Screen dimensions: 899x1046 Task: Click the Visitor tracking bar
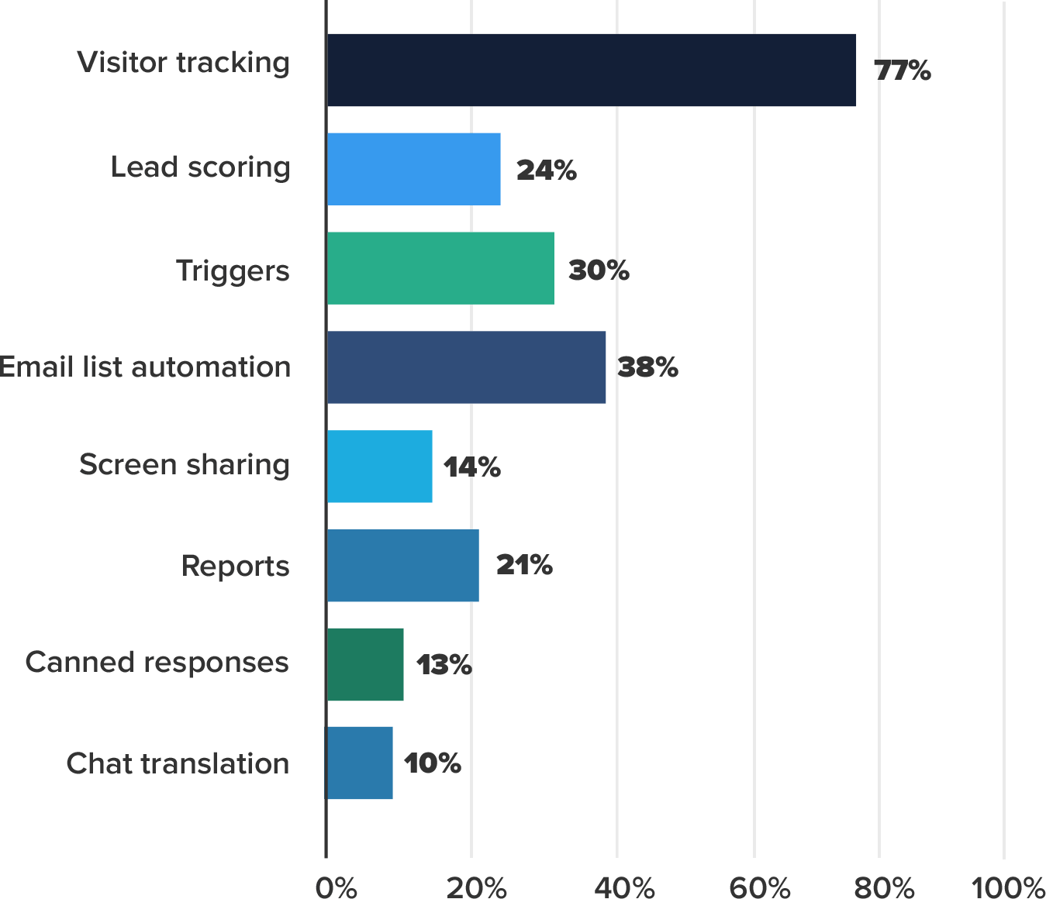tap(591, 70)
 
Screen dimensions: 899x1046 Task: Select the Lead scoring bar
tap(413, 169)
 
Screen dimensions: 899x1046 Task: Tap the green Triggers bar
tap(440, 268)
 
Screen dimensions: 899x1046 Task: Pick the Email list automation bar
tap(466, 367)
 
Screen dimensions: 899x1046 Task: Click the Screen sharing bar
tap(379, 467)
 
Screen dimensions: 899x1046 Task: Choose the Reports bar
tap(402, 566)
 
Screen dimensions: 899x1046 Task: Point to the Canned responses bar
tap(365, 664)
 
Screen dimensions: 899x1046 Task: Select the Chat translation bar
tap(360, 763)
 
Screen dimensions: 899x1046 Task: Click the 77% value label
tap(902, 71)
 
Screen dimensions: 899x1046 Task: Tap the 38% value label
tap(647, 367)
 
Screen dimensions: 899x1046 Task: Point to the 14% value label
tap(471, 467)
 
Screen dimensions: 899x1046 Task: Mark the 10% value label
tap(432, 764)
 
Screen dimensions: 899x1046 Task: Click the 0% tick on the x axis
tap(337, 887)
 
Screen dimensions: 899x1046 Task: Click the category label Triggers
tap(232, 270)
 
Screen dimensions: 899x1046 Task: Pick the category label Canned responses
tap(157, 663)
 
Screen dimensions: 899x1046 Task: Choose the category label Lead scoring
tap(200, 167)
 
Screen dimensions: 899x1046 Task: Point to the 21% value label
tap(524, 566)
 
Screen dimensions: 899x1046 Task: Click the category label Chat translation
tap(178, 764)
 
